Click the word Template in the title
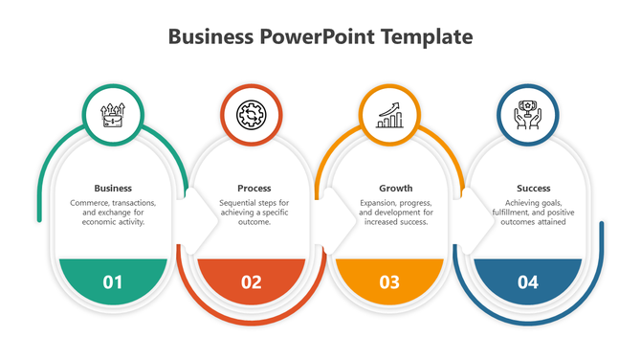[427, 37]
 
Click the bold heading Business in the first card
[113, 188]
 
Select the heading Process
[254, 188]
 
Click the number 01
[113, 281]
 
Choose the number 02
[252, 281]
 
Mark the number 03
[389, 281]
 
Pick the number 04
[527, 281]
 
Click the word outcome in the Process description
[254, 222]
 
